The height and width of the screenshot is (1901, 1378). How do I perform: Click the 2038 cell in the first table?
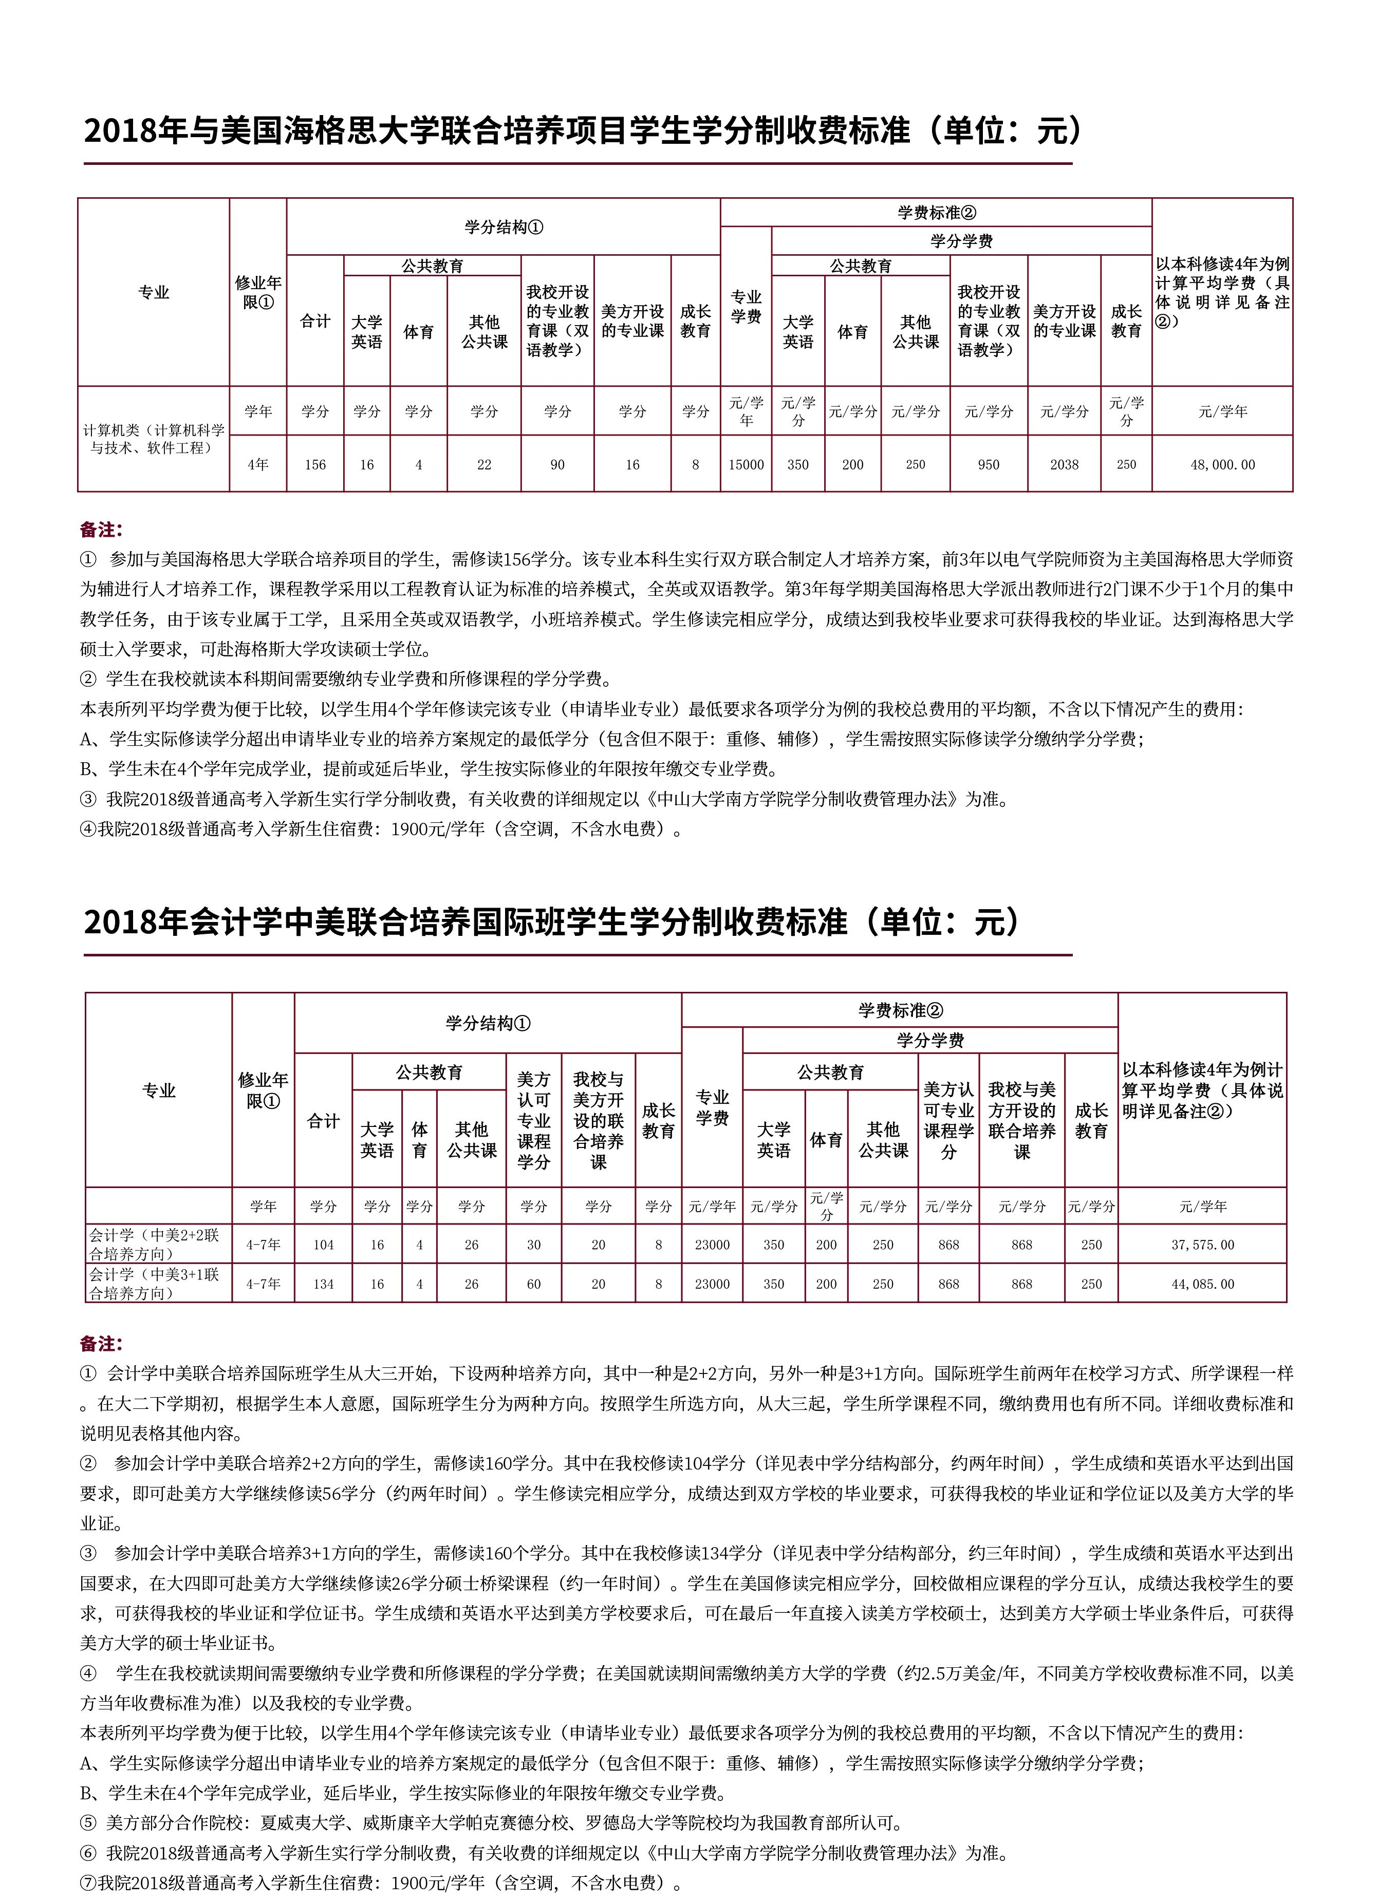[1064, 464]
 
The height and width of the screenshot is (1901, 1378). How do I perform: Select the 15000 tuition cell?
[745, 464]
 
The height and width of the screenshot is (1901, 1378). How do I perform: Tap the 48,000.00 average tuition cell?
[1222, 464]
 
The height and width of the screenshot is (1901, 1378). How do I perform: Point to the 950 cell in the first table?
[988, 464]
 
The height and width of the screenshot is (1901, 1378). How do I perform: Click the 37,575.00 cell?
[1202, 1245]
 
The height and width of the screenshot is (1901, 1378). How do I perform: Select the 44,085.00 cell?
[1202, 1283]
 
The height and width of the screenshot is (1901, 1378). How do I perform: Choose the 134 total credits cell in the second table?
[324, 1283]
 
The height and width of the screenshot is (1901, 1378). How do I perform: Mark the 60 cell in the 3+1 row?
[534, 1283]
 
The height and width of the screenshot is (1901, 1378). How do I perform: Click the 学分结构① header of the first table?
[503, 227]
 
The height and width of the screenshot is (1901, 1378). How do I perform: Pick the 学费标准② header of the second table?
[899, 1010]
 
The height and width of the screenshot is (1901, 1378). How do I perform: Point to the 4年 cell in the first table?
[257, 464]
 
